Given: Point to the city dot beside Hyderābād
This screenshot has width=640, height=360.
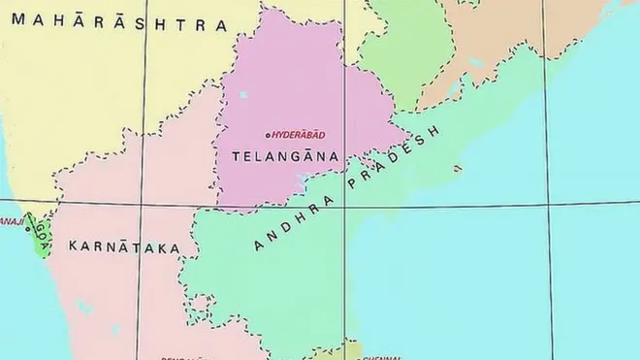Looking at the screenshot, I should pyautogui.click(x=267, y=134).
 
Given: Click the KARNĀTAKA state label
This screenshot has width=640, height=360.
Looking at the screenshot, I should pyautogui.click(x=124, y=246).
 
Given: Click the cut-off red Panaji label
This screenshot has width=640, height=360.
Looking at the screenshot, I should pyautogui.click(x=11, y=221).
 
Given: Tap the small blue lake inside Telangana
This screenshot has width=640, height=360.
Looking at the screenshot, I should pyautogui.click(x=241, y=94).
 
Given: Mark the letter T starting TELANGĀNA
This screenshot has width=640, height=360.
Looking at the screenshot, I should pyautogui.click(x=236, y=155).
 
